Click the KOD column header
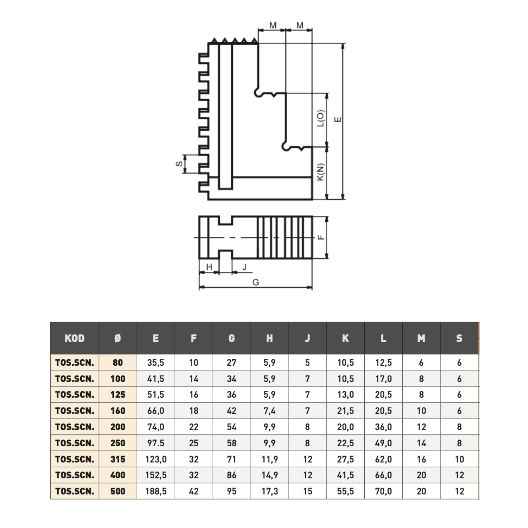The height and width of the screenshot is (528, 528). [75, 338]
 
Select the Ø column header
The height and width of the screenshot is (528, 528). [118, 338]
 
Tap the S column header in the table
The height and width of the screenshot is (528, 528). [459, 338]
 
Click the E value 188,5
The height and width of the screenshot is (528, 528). [156, 491]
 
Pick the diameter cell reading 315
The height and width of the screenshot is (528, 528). [118, 459]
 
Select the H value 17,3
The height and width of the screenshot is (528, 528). [270, 491]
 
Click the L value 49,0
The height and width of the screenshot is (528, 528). [383, 443]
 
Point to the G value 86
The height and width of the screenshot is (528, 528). [232, 475]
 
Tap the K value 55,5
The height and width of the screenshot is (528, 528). [345, 491]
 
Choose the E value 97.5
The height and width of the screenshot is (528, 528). [156, 443]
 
